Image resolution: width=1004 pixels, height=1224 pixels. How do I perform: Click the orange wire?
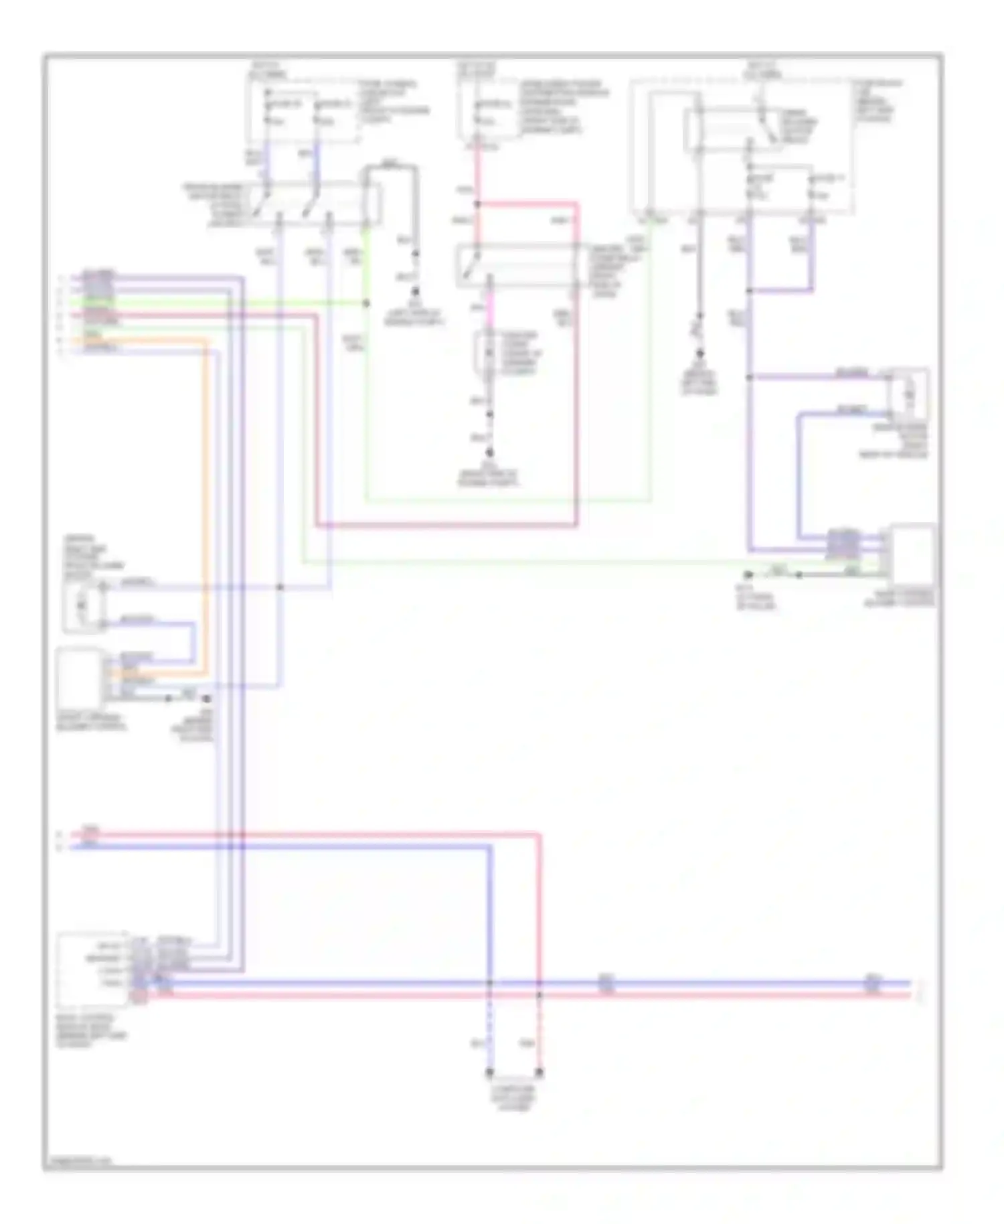pyautogui.click(x=205, y=509)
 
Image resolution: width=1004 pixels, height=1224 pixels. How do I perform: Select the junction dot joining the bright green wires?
pyautogui.click(x=366, y=303)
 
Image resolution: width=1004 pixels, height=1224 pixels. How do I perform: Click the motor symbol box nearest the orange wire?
pyautogui.click(x=82, y=605)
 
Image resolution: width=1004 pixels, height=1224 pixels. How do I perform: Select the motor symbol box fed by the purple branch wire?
pyautogui.click(x=909, y=394)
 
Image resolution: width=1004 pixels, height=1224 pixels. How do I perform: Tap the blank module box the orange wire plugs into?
pyautogui.click(x=80, y=678)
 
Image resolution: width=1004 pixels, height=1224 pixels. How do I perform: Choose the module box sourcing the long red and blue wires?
pyautogui.click(x=92, y=969)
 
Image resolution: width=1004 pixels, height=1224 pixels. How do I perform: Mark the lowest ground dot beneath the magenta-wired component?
pyautogui.click(x=489, y=453)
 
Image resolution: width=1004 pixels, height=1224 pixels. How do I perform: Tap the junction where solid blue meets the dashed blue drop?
pyautogui.click(x=489, y=983)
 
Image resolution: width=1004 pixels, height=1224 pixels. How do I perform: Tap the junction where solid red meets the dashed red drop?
pyautogui.click(x=539, y=995)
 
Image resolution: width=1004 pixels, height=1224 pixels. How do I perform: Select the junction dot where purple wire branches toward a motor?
pyautogui.click(x=749, y=378)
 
